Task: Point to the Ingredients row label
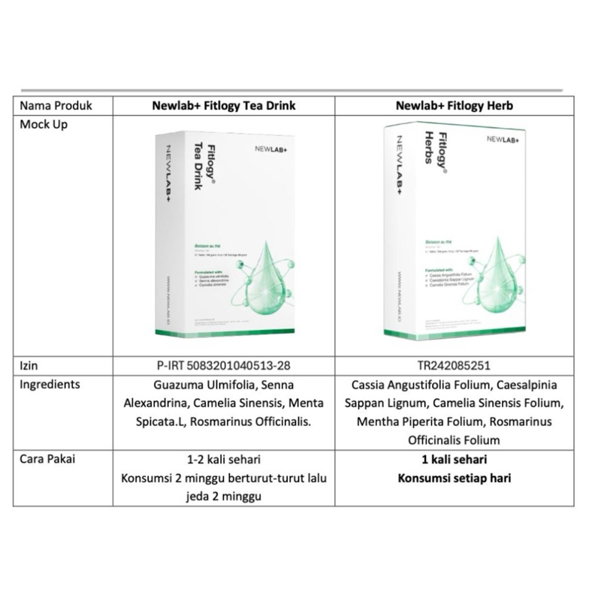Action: coord(50,385)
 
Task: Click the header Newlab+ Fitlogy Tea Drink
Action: coord(223,106)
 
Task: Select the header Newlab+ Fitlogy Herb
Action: coord(454,106)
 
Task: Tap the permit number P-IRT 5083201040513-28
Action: coord(223,366)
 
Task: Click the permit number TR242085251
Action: coord(454,366)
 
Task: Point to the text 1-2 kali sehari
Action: coord(223,459)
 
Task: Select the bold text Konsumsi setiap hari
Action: coord(454,478)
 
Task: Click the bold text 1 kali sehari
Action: coord(454,459)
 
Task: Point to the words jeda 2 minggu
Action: coord(223,496)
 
